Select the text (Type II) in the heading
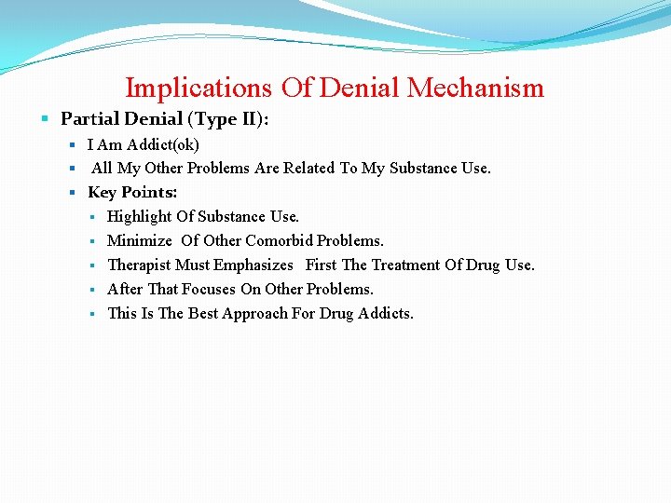point(239,119)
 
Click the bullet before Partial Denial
point(46,119)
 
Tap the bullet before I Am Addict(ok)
point(73,145)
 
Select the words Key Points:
point(132,193)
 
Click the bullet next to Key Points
point(73,193)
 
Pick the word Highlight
point(139,217)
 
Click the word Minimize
point(140,241)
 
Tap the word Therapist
point(140,265)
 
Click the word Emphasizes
point(253,265)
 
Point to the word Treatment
point(405,265)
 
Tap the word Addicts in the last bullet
point(385,314)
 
